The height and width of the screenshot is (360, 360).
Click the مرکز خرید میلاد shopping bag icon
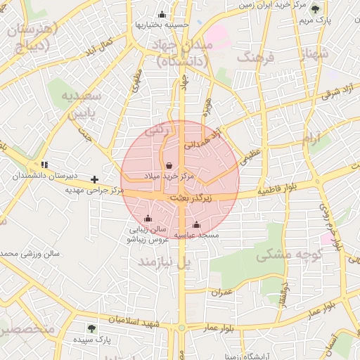click(x=169, y=165)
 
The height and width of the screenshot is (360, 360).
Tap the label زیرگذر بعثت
click(x=191, y=199)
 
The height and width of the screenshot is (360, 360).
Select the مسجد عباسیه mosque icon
click(x=196, y=225)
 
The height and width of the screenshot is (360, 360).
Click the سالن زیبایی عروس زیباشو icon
click(x=148, y=219)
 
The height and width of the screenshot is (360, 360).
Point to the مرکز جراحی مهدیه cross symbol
click(x=95, y=180)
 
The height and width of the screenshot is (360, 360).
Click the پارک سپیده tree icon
click(x=91, y=328)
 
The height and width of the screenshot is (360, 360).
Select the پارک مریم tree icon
click(x=315, y=10)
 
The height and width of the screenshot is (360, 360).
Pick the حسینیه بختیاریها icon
click(x=162, y=15)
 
